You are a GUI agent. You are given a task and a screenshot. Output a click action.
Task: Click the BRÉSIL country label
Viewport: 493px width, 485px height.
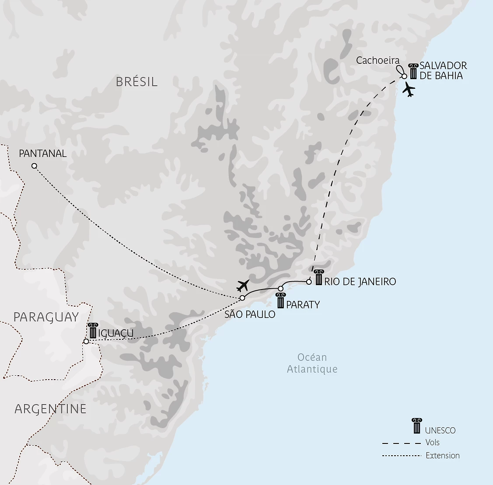(x=136, y=82)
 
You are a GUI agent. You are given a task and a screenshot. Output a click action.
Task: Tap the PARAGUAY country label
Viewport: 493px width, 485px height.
(x=46, y=317)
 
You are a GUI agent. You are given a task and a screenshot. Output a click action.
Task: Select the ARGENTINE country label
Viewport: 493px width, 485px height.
(x=50, y=409)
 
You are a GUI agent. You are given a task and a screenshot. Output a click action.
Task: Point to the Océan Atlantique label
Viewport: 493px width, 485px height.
(x=312, y=363)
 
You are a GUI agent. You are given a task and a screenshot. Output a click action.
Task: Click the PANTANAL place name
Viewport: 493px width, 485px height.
(x=43, y=154)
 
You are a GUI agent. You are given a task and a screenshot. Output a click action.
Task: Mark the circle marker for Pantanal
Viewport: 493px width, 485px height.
(x=34, y=166)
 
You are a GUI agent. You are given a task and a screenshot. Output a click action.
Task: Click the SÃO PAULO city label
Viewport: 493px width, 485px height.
(x=250, y=314)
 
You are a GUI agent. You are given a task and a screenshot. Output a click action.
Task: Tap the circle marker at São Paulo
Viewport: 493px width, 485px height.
(x=242, y=298)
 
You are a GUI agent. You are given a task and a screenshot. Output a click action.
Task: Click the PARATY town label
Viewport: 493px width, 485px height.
(x=303, y=304)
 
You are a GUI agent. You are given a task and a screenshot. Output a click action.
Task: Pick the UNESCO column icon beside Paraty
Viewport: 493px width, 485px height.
(x=280, y=301)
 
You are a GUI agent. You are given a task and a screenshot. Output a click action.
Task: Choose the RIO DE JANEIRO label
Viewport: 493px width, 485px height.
(x=360, y=282)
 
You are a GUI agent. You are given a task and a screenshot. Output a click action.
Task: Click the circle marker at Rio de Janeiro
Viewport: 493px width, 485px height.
(x=309, y=282)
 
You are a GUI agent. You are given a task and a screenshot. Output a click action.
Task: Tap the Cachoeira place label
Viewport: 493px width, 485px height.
(x=378, y=60)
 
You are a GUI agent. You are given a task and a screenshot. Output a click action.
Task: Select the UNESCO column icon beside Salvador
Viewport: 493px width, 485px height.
(x=413, y=71)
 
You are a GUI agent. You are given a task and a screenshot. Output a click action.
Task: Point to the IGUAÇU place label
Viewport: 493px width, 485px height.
(x=116, y=334)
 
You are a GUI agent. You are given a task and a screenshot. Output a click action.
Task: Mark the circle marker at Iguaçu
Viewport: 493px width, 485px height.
(x=86, y=341)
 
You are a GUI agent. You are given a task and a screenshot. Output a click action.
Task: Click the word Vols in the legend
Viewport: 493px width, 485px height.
(x=432, y=443)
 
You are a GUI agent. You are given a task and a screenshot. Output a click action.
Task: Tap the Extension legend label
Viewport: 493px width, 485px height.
(x=443, y=456)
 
